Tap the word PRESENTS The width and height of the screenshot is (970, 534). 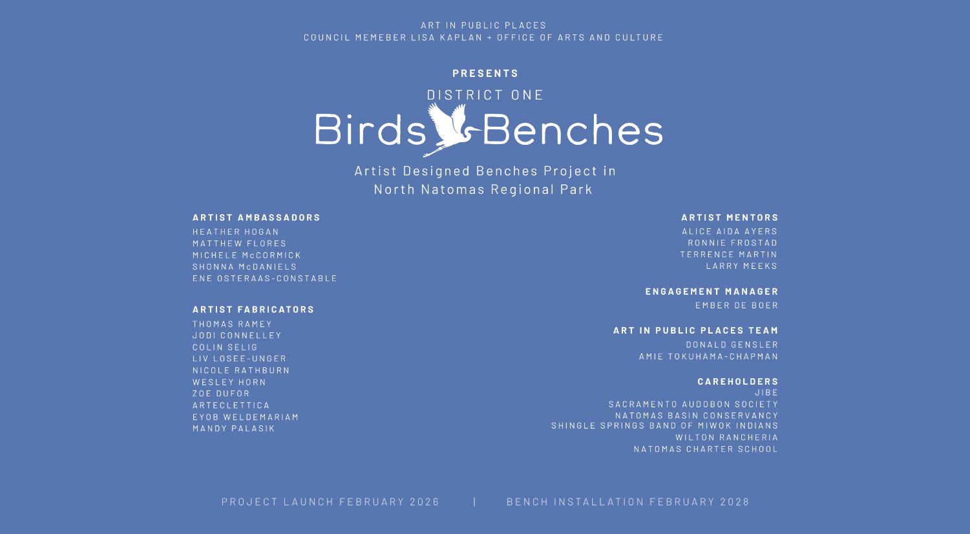pyautogui.click(x=485, y=73)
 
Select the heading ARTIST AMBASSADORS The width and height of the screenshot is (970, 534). pyautogui.click(x=257, y=217)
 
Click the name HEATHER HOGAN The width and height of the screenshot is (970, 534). pyautogui.click(x=236, y=231)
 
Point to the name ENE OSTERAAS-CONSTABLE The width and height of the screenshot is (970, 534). pyautogui.click(x=265, y=278)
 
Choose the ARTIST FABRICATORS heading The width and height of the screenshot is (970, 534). pyautogui.click(x=253, y=309)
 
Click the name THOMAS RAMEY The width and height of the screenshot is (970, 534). pyautogui.click(x=233, y=324)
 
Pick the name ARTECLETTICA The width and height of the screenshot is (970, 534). pyautogui.click(x=231, y=405)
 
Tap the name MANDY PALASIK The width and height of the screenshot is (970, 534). pyautogui.click(x=234, y=428)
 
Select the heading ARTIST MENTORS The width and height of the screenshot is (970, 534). pyautogui.click(x=730, y=217)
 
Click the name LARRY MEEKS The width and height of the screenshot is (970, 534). pyautogui.click(x=742, y=266)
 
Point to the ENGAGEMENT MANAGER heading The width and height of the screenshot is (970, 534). pyautogui.click(x=712, y=291)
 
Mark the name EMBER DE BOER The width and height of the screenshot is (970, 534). pyautogui.click(x=737, y=305)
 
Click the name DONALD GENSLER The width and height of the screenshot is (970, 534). pyautogui.click(x=732, y=345)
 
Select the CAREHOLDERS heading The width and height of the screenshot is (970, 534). pyautogui.click(x=738, y=381)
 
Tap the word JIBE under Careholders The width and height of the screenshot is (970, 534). pyautogui.click(x=766, y=392)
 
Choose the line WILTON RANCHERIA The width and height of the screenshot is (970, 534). pyautogui.click(x=727, y=437)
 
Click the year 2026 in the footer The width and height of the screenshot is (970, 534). pyautogui.click(x=425, y=502)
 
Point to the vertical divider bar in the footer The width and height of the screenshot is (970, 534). pyautogui.click(x=475, y=502)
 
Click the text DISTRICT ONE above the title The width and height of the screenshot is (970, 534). pyautogui.click(x=485, y=94)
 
